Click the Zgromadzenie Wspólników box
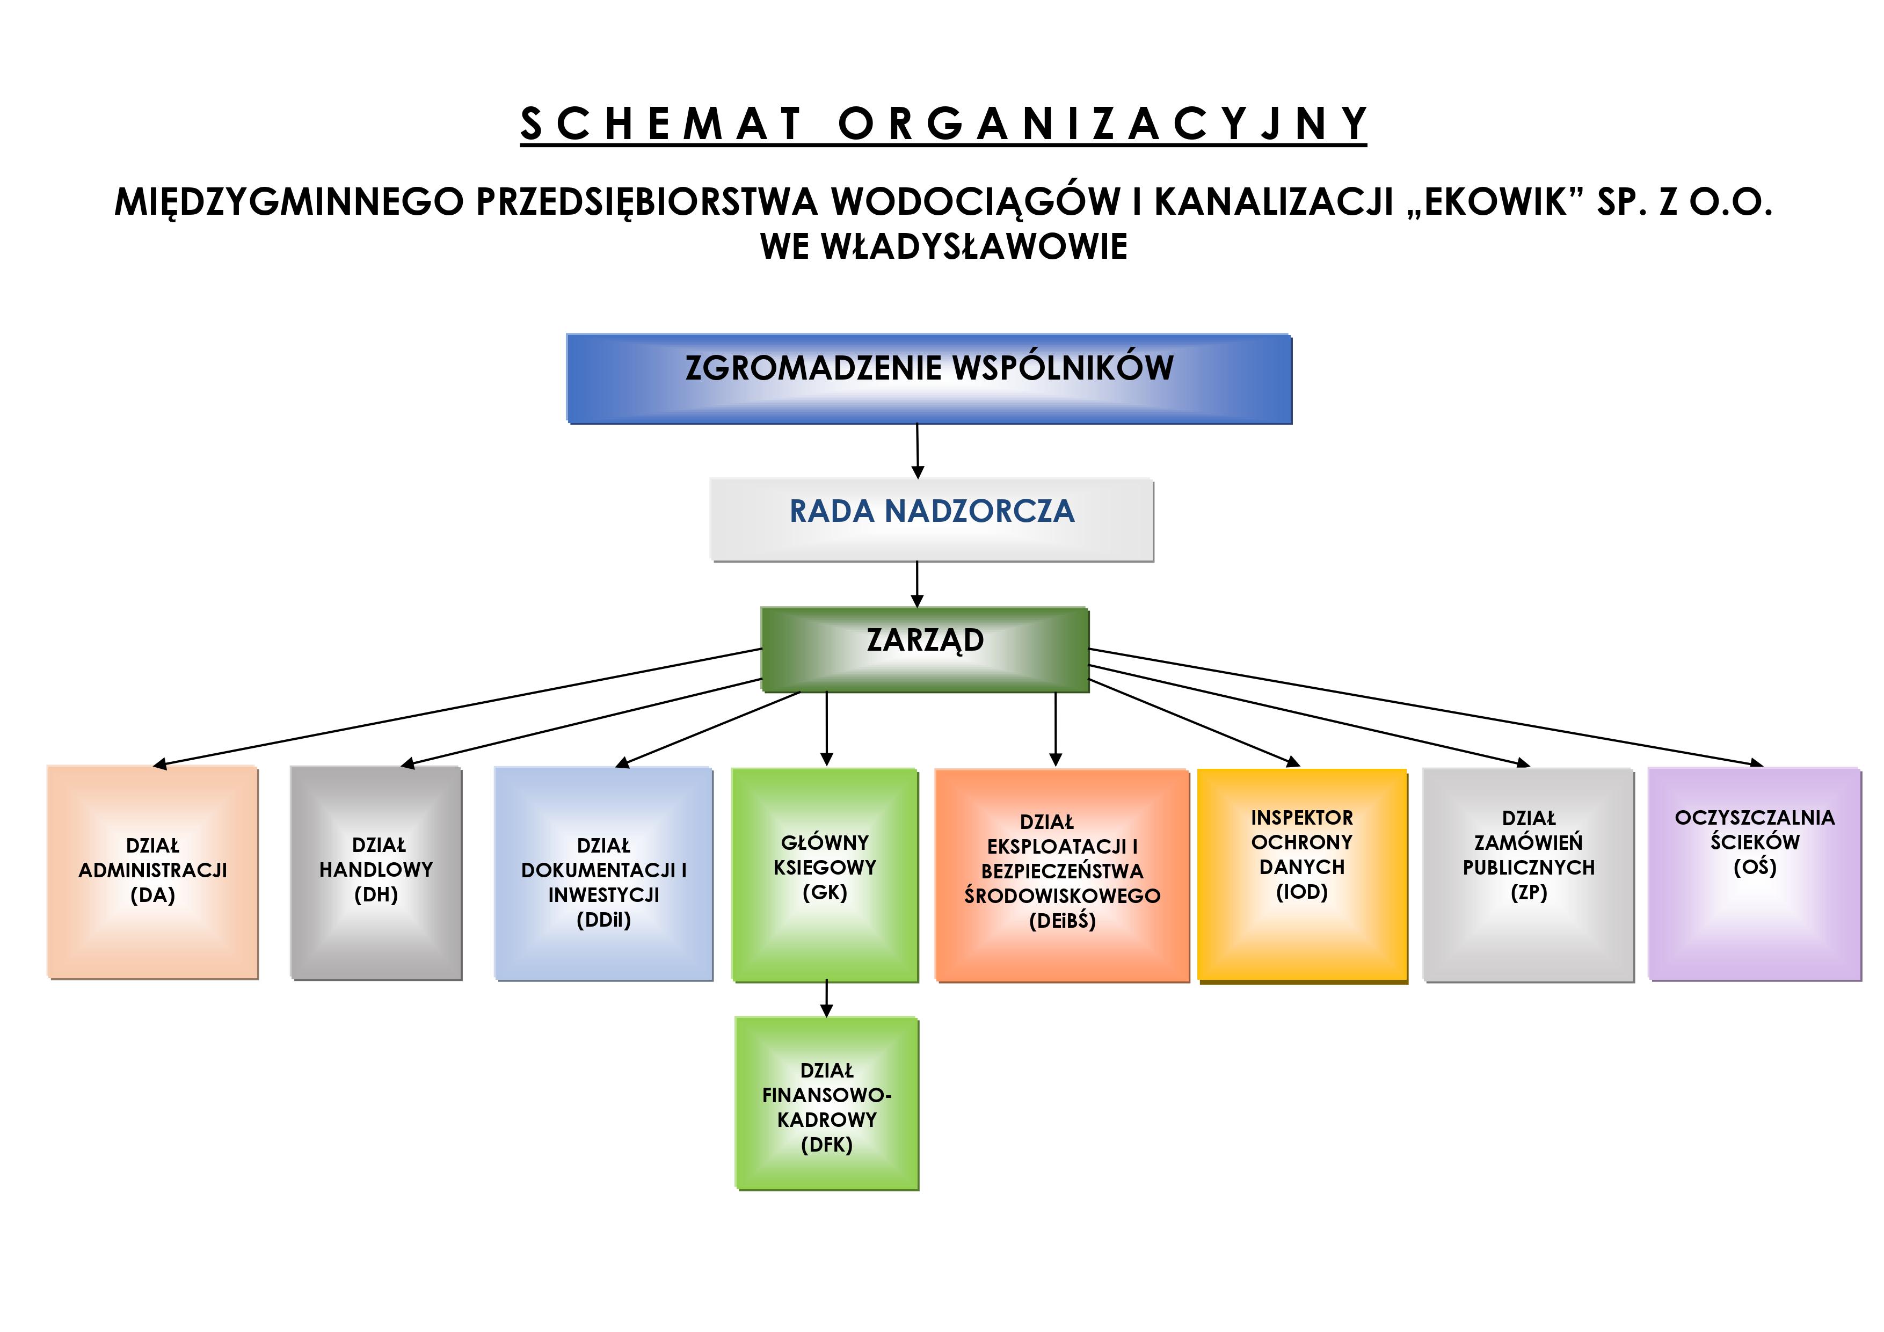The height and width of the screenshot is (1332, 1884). coord(929,379)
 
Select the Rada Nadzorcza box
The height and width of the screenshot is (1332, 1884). coord(932,520)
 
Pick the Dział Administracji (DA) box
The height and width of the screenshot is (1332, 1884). coord(152,871)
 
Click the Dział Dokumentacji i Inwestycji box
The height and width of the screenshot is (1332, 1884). coord(603,873)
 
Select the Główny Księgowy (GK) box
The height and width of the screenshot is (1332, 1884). coord(825,874)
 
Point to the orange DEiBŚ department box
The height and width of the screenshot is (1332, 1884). coord(1062,875)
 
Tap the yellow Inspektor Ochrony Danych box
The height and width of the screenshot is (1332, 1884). coord(1302,875)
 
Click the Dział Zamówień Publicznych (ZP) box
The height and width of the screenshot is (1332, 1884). coord(1528,874)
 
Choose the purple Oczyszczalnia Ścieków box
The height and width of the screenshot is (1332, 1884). coord(1755,873)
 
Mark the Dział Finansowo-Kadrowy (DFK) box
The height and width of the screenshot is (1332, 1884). coord(826,1103)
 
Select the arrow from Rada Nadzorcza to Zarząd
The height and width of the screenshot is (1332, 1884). coord(918,584)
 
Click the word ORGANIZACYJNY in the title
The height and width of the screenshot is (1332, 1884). coord(1102,124)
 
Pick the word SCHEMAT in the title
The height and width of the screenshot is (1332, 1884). coord(660,124)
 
